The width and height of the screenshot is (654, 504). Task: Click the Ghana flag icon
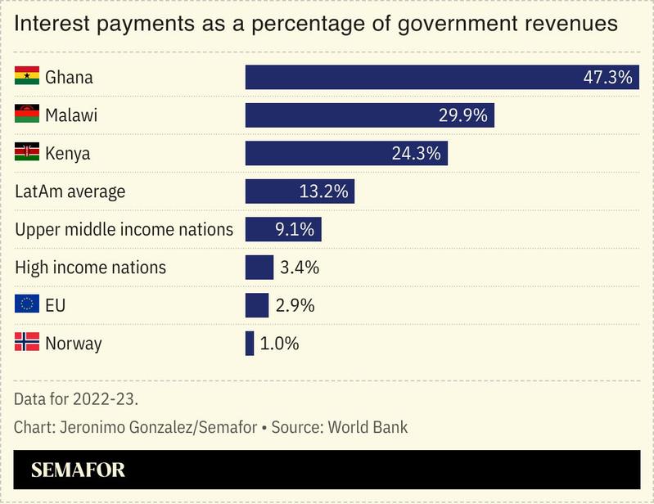coord(27,78)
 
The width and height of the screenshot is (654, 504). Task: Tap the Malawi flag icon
coord(27,115)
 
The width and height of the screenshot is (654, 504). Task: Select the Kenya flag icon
coord(27,153)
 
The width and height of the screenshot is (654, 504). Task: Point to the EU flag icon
coord(27,305)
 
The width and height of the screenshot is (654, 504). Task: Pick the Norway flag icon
coord(27,343)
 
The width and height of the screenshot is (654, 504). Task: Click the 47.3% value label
coord(607,78)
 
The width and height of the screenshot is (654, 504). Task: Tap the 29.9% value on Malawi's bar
coord(463,115)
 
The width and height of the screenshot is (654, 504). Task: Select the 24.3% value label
coord(417,153)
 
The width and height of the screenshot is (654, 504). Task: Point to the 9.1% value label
coord(294,229)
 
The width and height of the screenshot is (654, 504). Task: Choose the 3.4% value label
coord(299,268)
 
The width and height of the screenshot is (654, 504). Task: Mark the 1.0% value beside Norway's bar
coord(279,344)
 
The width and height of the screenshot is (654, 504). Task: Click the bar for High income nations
coord(259,268)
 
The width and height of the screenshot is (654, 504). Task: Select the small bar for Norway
coord(250,344)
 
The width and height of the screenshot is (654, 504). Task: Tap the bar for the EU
coord(257,305)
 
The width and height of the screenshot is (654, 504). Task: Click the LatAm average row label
coord(70,191)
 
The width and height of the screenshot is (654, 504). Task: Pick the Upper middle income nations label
coord(124,229)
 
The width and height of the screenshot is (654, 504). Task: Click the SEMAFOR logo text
coord(78,470)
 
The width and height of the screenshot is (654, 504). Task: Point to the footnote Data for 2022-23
coord(75,400)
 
